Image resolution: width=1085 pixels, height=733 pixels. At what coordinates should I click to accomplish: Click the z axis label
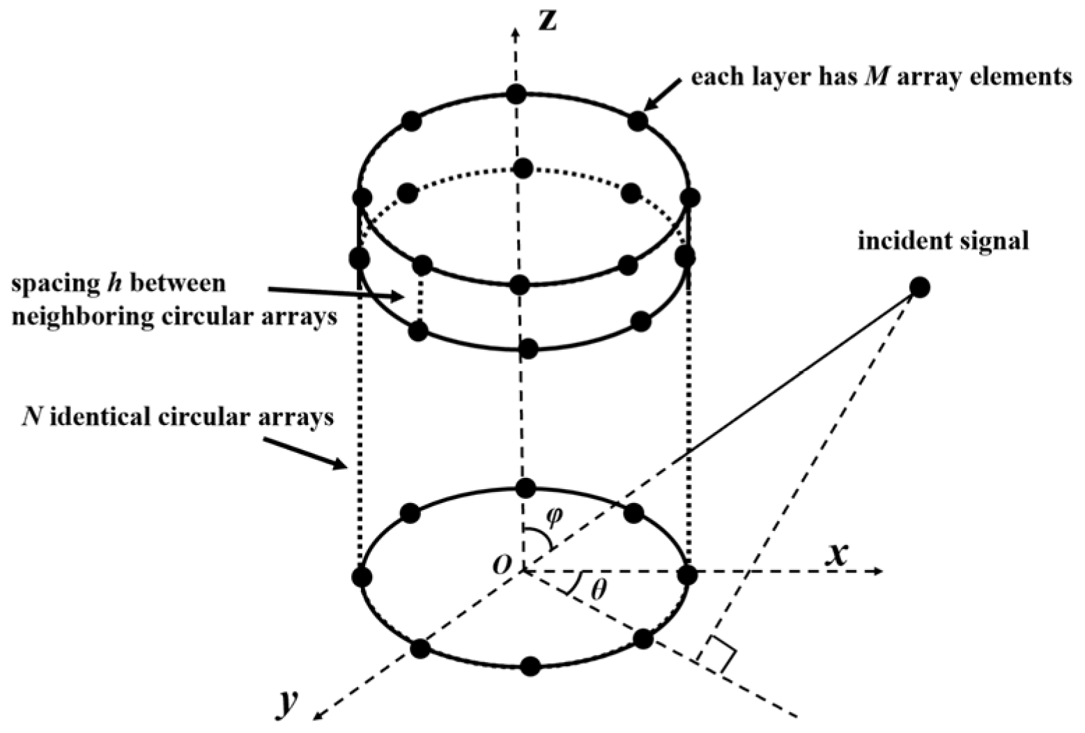(x=549, y=20)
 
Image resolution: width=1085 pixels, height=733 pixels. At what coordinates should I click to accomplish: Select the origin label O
(x=502, y=564)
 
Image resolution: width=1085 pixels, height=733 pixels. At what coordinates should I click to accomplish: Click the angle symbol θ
(x=598, y=590)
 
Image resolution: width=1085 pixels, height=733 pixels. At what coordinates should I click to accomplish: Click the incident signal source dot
(x=920, y=287)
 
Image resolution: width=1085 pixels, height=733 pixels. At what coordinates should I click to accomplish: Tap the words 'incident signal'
(x=943, y=241)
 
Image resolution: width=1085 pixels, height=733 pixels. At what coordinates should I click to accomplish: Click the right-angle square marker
(x=719, y=654)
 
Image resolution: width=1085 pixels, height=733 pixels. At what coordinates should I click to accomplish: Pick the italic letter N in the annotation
(x=30, y=417)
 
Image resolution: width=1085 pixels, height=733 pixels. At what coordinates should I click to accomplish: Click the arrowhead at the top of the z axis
(x=515, y=31)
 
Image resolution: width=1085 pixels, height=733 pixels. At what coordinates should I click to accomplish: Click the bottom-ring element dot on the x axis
(x=687, y=575)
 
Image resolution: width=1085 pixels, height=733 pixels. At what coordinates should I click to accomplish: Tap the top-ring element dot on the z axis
(x=515, y=93)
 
